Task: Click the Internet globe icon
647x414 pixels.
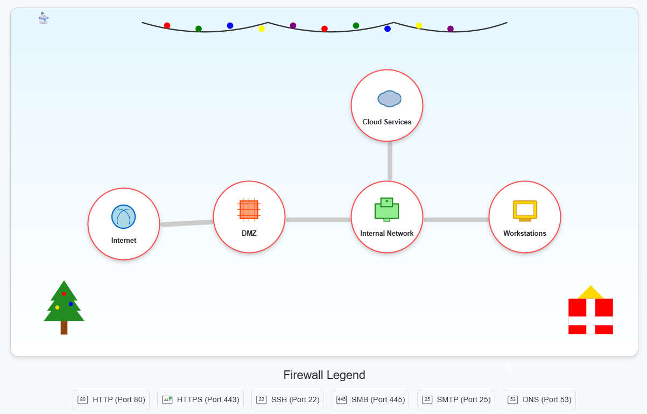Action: click(x=123, y=216)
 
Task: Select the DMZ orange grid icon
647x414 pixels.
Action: click(x=249, y=209)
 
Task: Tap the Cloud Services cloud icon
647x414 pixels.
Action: click(x=389, y=99)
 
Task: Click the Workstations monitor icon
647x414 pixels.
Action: click(x=525, y=210)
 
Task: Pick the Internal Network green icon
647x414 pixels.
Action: click(x=386, y=209)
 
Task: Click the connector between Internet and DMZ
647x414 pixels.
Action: click(x=187, y=223)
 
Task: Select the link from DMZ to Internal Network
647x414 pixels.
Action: click(x=318, y=220)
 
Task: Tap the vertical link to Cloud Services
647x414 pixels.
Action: click(x=390, y=161)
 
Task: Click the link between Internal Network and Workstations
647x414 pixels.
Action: click(x=456, y=220)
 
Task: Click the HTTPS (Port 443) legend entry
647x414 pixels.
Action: click(x=200, y=400)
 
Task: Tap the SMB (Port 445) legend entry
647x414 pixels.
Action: click(x=370, y=400)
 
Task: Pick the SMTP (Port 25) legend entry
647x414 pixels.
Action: click(x=456, y=400)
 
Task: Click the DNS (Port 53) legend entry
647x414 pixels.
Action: click(x=539, y=400)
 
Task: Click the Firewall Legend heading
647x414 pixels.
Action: click(x=324, y=375)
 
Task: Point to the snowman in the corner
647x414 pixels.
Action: click(x=44, y=18)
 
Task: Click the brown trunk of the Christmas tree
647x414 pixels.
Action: click(x=64, y=327)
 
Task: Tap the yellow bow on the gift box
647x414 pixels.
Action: click(x=590, y=293)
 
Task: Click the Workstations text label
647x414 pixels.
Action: click(x=525, y=234)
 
